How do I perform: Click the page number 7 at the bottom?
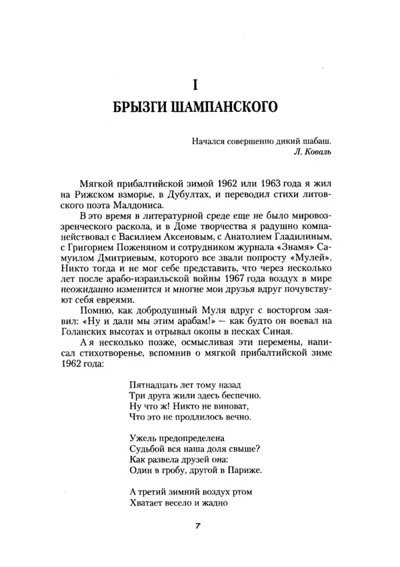click(199, 526)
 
